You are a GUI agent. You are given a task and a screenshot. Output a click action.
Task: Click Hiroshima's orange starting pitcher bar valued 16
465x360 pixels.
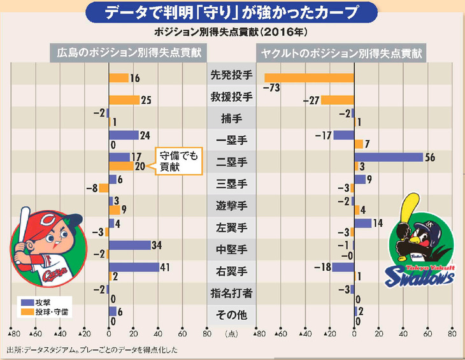coord(118,78)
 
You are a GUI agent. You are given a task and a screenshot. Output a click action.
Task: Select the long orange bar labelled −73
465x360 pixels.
coord(309,78)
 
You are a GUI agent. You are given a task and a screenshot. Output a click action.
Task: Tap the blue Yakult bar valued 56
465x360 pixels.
coord(389,157)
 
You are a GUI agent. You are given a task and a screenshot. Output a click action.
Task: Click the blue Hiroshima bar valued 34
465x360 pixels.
coord(129,245)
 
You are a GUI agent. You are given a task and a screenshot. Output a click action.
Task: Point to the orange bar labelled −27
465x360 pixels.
coord(337,100)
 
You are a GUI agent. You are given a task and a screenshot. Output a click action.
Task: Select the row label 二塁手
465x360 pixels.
coord(232,162)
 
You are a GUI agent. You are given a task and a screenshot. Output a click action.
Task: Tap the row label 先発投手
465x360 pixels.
coord(232,75)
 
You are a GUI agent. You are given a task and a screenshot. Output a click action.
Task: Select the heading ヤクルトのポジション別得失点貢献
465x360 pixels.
coord(341,54)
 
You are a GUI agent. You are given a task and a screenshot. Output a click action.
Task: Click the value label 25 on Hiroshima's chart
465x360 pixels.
coord(146,100)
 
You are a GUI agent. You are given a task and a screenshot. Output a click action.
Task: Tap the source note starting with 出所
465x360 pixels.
coord(96,350)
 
